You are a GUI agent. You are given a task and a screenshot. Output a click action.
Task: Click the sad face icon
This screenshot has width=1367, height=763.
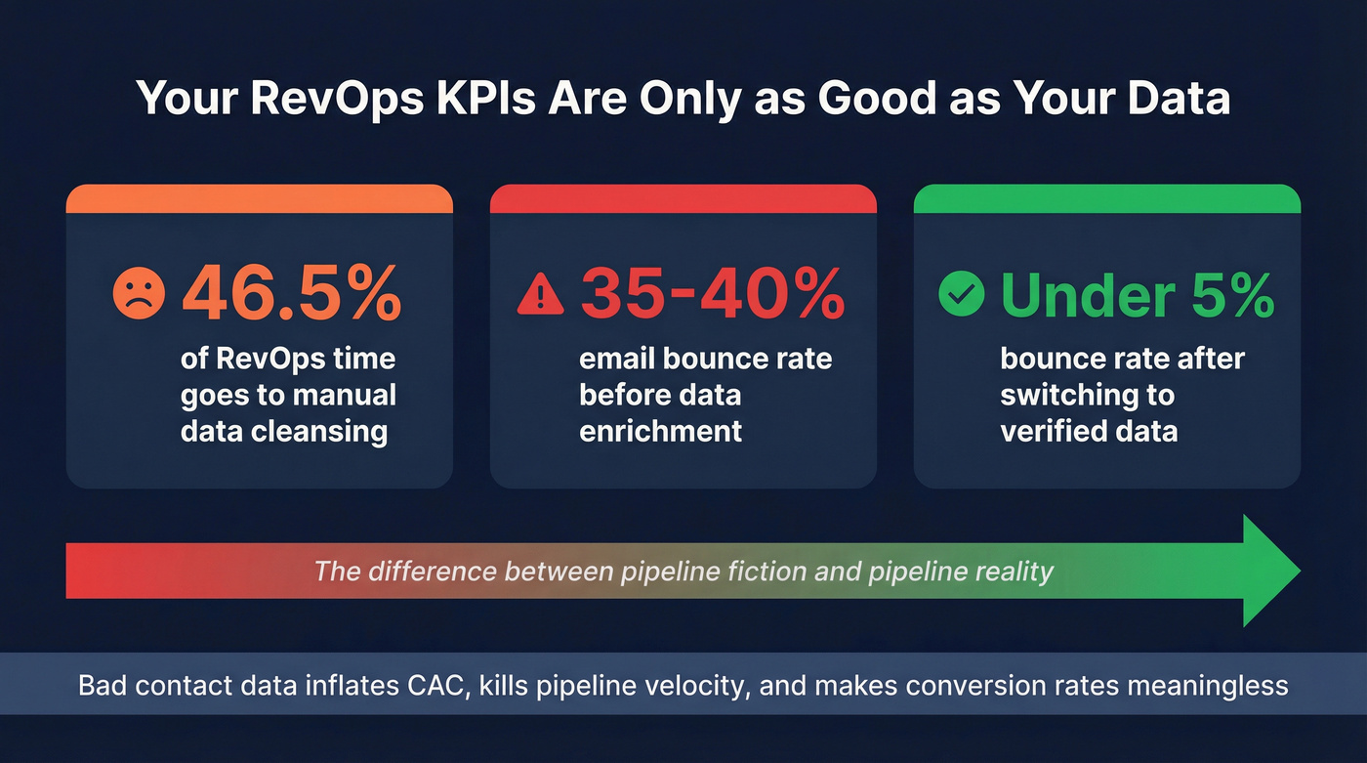pos(140,293)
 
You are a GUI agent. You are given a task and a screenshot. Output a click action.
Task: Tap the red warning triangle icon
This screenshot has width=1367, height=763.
pos(541,293)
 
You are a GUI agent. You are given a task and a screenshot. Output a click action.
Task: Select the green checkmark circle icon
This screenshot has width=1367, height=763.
pos(962,293)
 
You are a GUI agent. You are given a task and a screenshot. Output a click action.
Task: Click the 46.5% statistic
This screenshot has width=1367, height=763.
pos(291,292)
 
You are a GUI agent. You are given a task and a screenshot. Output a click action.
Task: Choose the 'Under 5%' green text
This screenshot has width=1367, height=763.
pos(1138,292)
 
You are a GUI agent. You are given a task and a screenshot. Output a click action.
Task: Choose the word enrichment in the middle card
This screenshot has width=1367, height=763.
pos(661,431)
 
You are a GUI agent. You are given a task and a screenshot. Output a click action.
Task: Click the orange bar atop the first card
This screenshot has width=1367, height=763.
pos(259,199)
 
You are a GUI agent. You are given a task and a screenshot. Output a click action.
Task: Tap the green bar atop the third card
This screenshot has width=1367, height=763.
pos(1106,199)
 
